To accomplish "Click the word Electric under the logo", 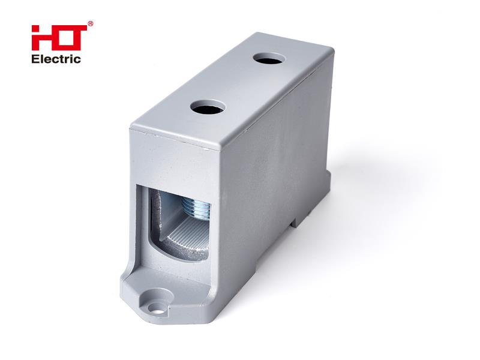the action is coord(56,59).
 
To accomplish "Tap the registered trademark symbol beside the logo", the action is coord(91,23).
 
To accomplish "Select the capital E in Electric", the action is coord(35,59).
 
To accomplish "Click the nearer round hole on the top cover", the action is coord(208,107).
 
